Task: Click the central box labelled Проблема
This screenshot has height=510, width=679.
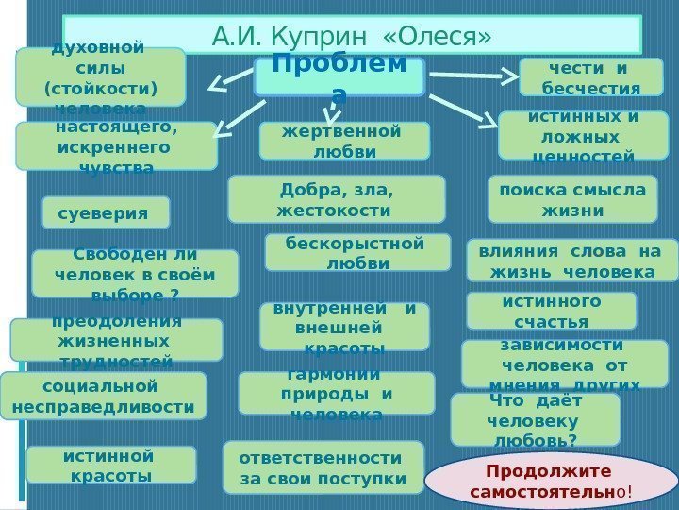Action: [339, 76]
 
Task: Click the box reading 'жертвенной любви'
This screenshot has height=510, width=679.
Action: [344, 141]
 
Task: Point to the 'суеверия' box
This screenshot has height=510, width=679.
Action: [106, 212]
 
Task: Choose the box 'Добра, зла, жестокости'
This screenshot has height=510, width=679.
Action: [337, 198]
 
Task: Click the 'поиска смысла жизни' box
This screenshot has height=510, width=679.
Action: [572, 198]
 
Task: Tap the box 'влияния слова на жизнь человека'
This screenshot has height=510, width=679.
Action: [571, 261]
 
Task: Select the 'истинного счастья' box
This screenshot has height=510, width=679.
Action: [551, 311]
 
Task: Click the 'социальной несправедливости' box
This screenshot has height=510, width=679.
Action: [103, 396]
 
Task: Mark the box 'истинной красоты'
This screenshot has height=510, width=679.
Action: [110, 465]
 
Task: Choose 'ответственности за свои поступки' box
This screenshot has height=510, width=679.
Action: [322, 468]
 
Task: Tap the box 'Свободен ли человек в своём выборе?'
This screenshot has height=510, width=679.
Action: [135, 274]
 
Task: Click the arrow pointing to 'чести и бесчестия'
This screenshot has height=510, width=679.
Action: [472, 79]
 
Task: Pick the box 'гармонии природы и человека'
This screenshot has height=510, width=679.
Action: [337, 393]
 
